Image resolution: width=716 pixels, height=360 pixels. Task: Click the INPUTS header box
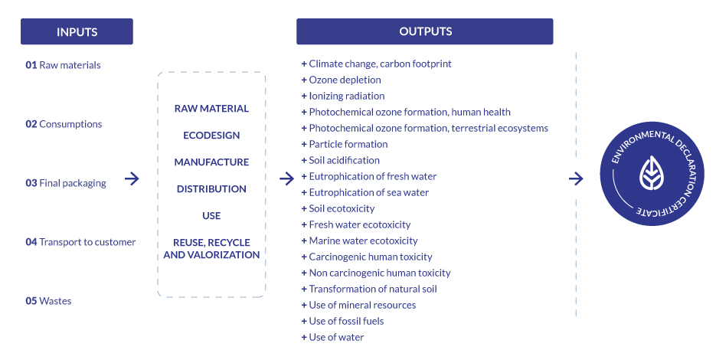[77, 31]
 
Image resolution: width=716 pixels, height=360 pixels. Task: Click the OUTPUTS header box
[425, 31]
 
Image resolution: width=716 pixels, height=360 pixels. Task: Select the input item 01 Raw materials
[64, 65]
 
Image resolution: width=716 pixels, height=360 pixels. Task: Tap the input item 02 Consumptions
[64, 124]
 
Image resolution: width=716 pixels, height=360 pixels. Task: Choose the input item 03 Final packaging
[66, 183]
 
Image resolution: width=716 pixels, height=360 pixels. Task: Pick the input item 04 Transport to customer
[80, 242]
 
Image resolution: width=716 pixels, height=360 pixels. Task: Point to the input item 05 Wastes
[49, 301]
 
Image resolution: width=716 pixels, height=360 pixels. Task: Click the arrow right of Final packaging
[132, 179]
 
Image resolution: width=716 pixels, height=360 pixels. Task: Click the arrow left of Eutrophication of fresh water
[287, 179]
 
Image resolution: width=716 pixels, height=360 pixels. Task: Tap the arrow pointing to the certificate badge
[577, 179]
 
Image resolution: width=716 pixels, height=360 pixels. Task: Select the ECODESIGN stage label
[211, 136]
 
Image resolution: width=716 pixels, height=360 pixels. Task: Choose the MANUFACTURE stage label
[211, 162]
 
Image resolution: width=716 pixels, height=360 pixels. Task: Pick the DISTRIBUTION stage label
[211, 189]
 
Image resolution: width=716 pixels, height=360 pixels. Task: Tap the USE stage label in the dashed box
[211, 216]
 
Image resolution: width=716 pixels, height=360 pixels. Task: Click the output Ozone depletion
[345, 80]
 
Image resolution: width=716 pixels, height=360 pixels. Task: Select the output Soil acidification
[344, 160]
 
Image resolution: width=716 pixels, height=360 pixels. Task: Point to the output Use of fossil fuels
[346, 321]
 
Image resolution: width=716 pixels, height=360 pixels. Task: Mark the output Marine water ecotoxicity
[363, 241]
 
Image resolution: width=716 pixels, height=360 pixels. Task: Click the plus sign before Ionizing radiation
[304, 96]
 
